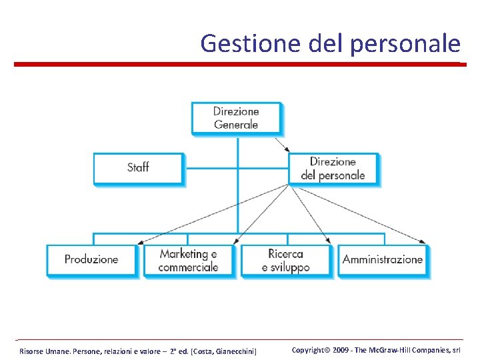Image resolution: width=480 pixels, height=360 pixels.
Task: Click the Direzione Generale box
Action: [236, 118]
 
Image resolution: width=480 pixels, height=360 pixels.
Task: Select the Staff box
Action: [138, 167]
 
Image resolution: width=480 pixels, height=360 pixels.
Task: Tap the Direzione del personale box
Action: [333, 168]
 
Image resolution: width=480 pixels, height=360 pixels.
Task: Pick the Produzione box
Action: [91, 259]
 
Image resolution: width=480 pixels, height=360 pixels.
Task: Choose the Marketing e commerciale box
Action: [189, 260]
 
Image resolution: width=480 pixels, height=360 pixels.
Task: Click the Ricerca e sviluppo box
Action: [286, 260]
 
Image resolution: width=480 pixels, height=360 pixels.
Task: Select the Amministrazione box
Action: [383, 259]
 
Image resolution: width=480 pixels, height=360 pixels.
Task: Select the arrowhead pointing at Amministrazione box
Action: [423, 242]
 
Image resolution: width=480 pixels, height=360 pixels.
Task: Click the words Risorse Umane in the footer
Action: [41, 351]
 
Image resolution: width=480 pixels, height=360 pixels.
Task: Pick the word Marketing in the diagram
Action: [184, 254]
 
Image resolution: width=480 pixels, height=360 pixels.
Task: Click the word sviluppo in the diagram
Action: [289, 267]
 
